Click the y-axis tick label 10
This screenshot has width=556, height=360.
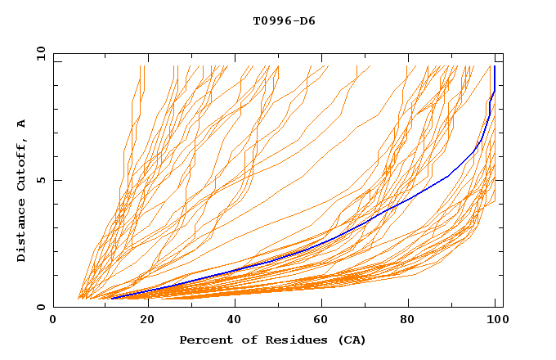pyautogui.click(x=39, y=52)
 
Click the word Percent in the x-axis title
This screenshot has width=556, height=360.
pyautogui.click(x=204, y=340)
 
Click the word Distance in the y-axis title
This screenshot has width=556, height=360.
pyautogui.click(x=22, y=229)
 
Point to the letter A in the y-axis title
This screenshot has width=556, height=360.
pyautogui.click(x=22, y=124)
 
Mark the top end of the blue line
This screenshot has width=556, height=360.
pyautogui.click(x=495, y=66)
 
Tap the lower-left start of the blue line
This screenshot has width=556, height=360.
pyautogui.click(x=112, y=298)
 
